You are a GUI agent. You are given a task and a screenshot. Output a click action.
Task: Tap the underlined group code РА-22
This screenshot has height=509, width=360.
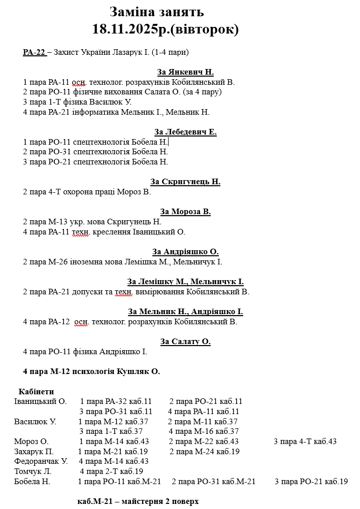pos(34,52)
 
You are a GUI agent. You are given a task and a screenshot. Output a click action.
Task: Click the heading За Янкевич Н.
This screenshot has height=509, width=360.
pos(185,72)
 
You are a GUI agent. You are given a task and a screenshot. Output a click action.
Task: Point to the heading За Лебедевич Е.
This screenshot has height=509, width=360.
pos(185,132)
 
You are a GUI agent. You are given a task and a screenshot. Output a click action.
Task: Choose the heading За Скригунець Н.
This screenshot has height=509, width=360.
pos(185,182)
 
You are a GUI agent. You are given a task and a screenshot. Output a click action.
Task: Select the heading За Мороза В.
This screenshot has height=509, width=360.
pos(185,212)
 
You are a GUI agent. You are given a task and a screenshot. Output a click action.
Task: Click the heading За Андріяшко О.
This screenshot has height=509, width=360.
pos(185,252)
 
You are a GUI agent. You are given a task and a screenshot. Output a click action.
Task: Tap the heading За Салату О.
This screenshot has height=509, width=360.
pos(185,342)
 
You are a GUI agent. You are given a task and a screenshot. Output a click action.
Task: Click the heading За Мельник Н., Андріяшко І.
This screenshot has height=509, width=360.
pos(185,312)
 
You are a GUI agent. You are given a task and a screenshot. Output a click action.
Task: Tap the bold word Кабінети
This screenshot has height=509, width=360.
pos(36,392)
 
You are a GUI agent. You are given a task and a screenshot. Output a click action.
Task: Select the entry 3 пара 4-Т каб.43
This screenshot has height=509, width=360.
pos(305,442)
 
